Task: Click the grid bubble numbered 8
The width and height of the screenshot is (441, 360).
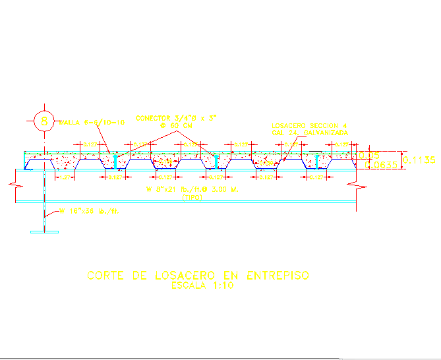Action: click(44, 121)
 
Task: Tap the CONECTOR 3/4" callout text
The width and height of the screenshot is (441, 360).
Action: click(176, 118)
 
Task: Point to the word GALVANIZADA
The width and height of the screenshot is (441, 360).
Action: click(324, 132)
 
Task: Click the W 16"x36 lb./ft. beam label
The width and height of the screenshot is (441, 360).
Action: click(88, 212)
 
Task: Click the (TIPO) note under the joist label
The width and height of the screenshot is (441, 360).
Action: click(192, 196)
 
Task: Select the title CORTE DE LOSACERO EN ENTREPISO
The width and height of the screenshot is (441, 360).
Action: click(197, 276)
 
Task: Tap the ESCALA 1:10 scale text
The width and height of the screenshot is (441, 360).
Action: click(198, 286)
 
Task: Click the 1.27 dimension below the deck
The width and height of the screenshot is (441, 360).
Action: click(65, 177)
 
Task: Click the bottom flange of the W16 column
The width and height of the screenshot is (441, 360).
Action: click(44, 231)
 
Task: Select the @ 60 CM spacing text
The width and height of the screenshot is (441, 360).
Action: click(175, 125)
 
